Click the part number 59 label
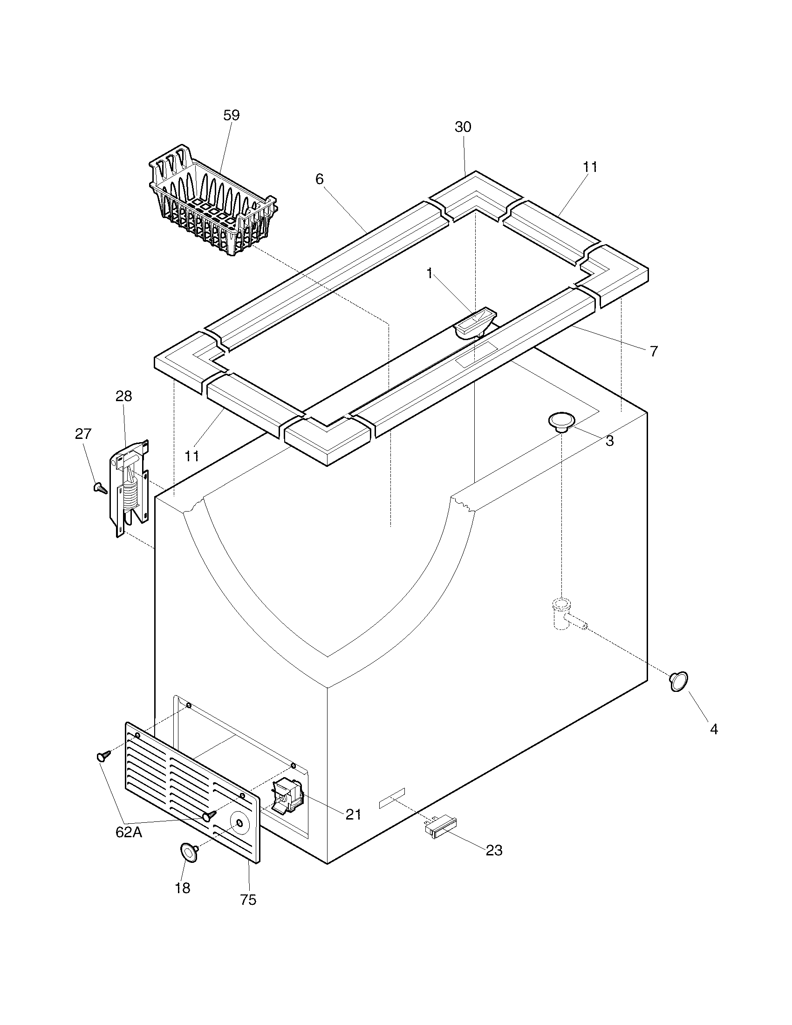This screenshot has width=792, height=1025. tap(232, 116)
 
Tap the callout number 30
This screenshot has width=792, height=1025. tap(463, 127)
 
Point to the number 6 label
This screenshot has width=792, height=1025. tap(320, 179)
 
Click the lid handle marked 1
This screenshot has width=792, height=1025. tap(474, 324)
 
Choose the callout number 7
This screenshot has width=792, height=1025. tap(654, 351)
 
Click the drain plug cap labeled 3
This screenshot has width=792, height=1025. tap(562, 421)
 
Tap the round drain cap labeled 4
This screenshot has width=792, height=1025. tap(679, 682)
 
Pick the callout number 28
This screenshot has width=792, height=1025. tap(124, 396)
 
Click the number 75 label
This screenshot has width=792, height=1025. tap(248, 900)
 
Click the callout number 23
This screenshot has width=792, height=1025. tap(494, 850)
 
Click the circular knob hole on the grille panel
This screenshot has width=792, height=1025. tap(240, 823)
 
